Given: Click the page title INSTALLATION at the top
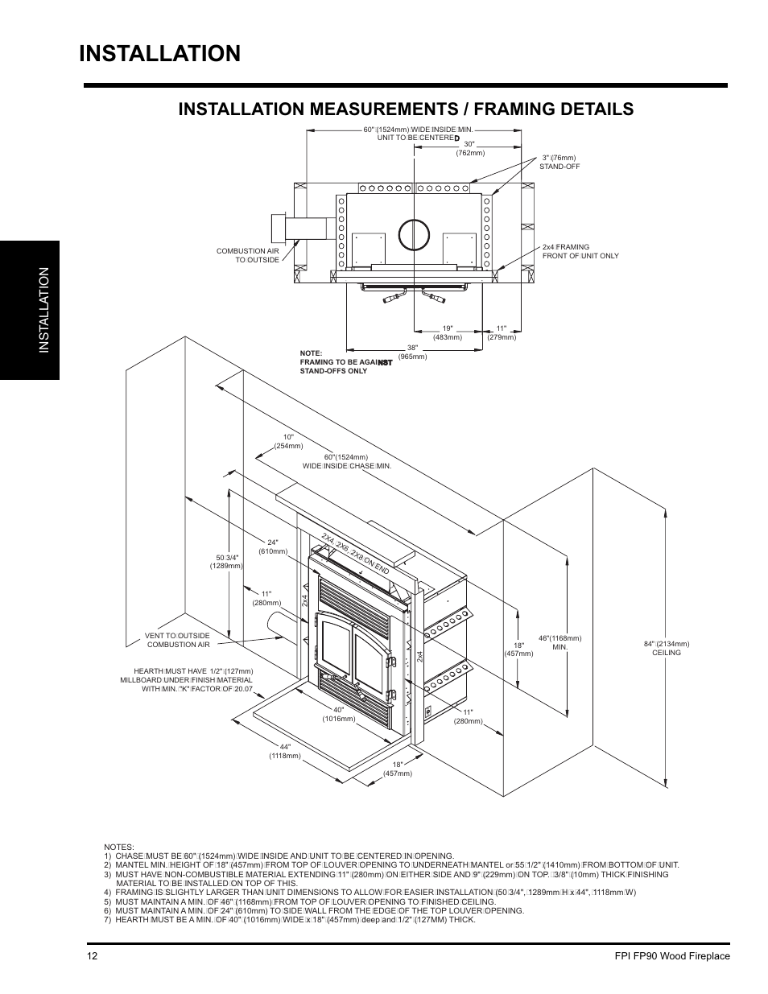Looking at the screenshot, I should pyautogui.click(x=160, y=53).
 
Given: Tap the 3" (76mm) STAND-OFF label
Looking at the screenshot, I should pyautogui.click(x=559, y=162).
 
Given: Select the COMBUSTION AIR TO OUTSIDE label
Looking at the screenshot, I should pyautogui.click(x=247, y=255).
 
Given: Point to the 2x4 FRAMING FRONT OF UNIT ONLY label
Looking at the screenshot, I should pyautogui.click(x=580, y=251).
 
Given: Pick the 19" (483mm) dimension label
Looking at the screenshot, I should pyautogui.click(x=447, y=332).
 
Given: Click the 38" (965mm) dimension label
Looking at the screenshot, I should pyautogui.click(x=411, y=351).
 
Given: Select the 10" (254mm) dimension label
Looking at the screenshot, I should pyautogui.click(x=288, y=441).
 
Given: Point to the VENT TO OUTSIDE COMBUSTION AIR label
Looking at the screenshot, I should pyautogui.click(x=178, y=640).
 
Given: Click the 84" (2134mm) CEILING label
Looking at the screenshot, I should pyautogui.click(x=667, y=648).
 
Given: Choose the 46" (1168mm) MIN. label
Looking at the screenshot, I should pyautogui.click(x=559, y=642).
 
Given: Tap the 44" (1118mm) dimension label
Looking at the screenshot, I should pyautogui.click(x=285, y=751).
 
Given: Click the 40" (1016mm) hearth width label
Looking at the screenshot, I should pyautogui.click(x=339, y=714).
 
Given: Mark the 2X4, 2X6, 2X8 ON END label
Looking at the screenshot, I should pyautogui.click(x=355, y=553).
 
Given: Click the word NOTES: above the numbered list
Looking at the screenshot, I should pyautogui.click(x=118, y=848).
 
